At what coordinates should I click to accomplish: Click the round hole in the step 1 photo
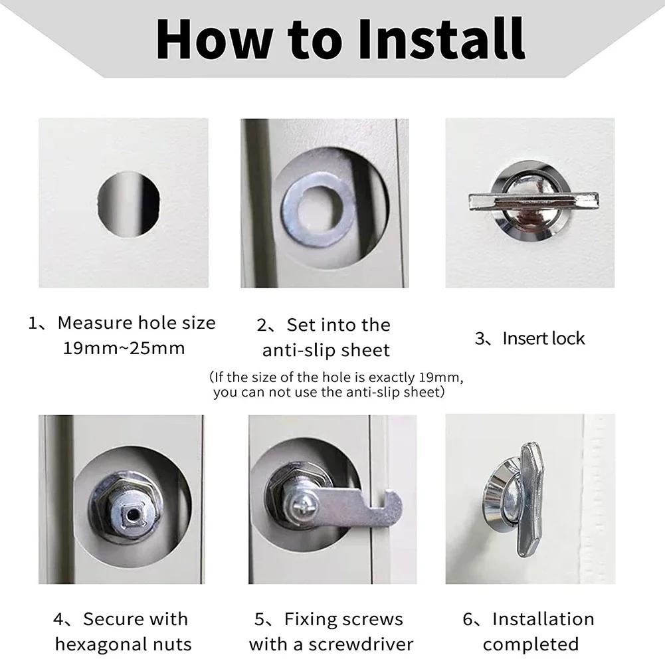tap(128, 204)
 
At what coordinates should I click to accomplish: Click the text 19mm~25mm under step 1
tap(124, 348)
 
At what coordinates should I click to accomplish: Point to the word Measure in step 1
tap(94, 324)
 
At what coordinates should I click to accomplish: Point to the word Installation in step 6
tap(543, 620)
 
